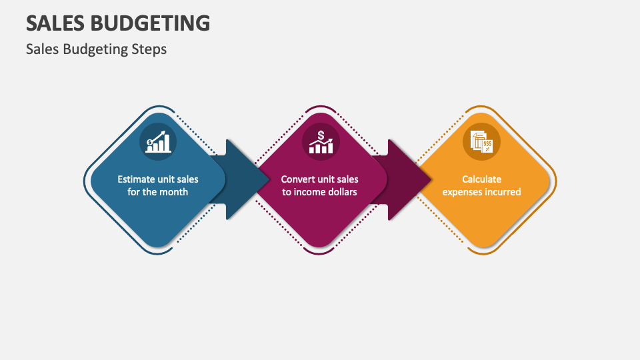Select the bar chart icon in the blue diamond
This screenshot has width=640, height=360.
tap(158, 141)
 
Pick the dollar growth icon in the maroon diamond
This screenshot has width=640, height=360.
tap(321, 141)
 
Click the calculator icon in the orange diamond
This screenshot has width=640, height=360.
tap(481, 141)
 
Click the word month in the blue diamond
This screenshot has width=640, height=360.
tap(173, 192)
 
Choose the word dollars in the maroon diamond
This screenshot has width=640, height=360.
tap(343, 192)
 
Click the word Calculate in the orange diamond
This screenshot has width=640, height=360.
tap(481, 179)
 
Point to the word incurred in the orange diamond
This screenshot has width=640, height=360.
tap(503, 192)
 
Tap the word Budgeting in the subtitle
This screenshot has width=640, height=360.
tap(90, 49)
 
